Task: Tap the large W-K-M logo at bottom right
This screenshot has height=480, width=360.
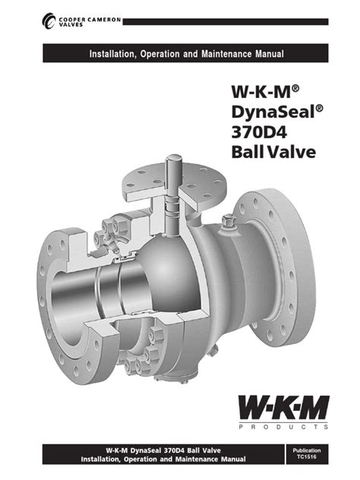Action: tap(284, 410)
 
